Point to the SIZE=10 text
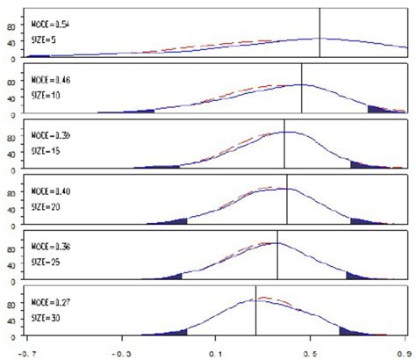(x=47, y=94)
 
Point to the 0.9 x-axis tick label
(x=401, y=351)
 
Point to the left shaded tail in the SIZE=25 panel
(x=172, y=276)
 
